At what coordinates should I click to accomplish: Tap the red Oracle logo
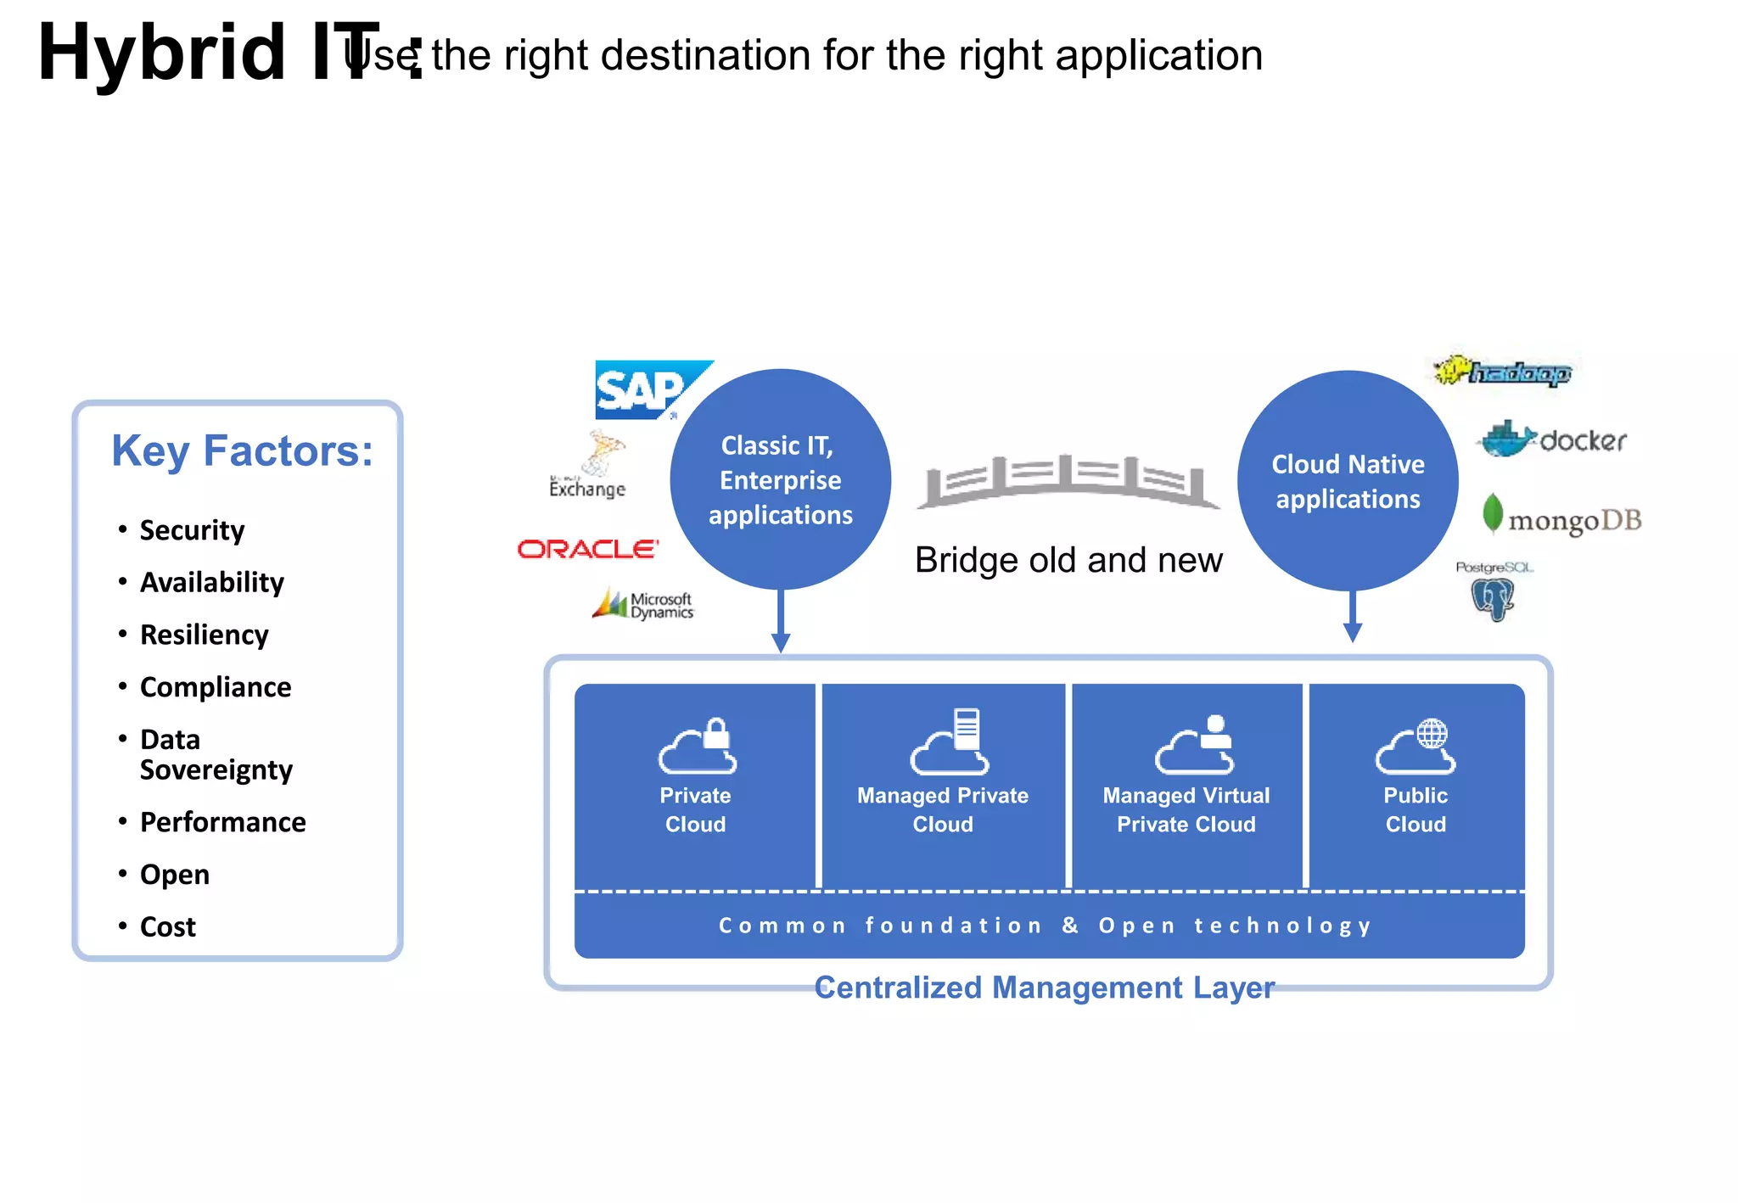(587, 549)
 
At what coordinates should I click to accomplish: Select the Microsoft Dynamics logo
(643, 605)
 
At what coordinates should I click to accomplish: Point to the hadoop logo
(1503, 372)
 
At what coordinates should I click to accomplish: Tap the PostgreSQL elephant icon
(1493, 598)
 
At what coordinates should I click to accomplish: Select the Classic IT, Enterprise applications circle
(780, 480)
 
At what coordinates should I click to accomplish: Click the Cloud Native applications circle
(1348, 481)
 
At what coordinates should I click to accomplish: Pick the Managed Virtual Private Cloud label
(1186, 809)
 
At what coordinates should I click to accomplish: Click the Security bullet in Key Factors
(192, 530)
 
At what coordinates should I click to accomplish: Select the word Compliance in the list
(216, 687)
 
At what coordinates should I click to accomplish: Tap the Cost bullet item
(167, 926)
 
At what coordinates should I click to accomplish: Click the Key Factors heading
(243, 450)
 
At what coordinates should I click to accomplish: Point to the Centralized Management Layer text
(1044, 988)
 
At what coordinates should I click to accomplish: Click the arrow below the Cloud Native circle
(1353, 618)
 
